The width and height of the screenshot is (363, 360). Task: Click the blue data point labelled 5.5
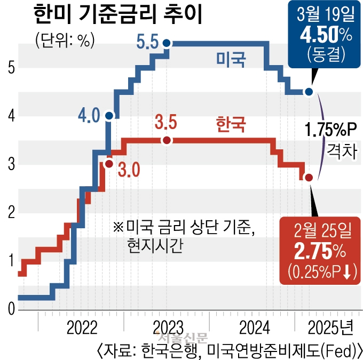pos(167,43)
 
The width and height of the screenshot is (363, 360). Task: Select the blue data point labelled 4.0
pos(109,115)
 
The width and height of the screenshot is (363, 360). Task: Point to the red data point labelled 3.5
pos(167,140)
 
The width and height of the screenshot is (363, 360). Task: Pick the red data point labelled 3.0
pos(109,164)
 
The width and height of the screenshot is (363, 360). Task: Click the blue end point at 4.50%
pos(309,92)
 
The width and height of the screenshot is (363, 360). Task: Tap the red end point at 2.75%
pos(309,177)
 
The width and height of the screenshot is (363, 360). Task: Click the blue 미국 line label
pos(231,59)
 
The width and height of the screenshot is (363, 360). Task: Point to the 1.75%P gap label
pos(329,130)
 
